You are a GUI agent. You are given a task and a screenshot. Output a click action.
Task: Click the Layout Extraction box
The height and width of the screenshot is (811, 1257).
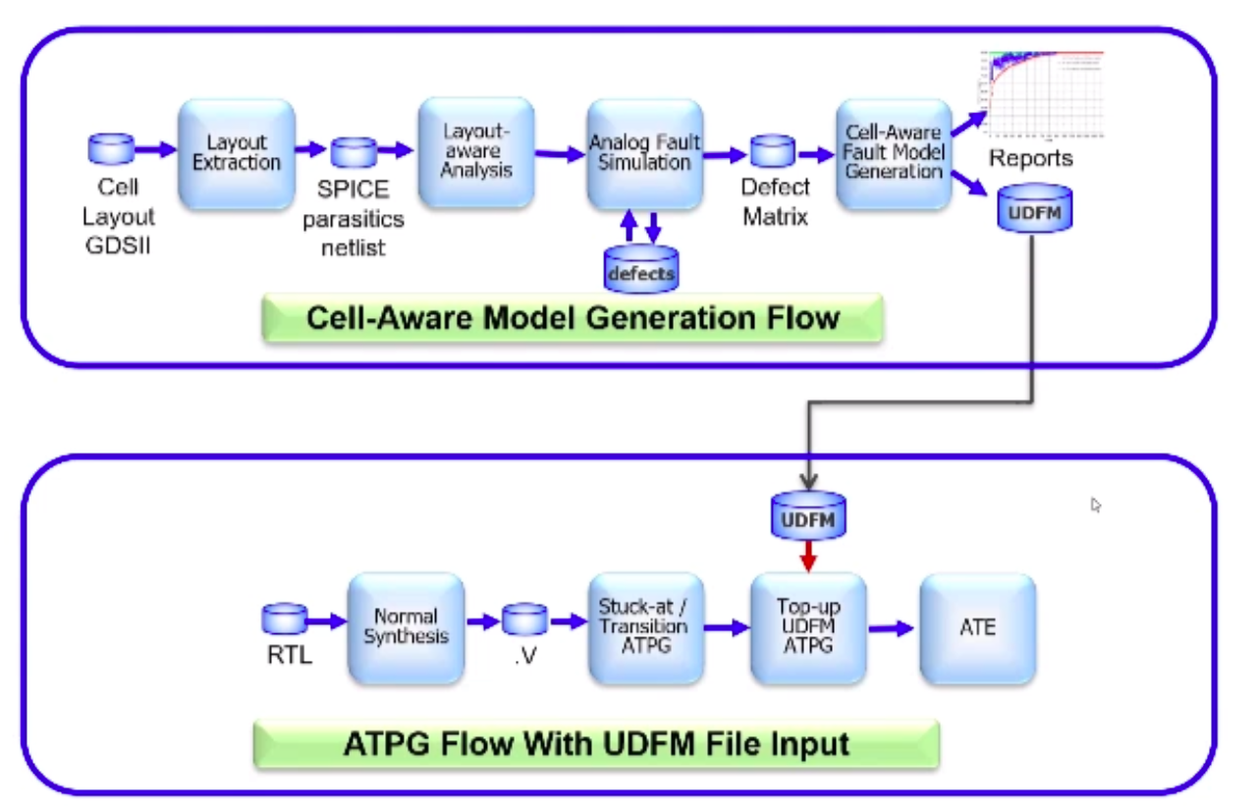coord(236,153)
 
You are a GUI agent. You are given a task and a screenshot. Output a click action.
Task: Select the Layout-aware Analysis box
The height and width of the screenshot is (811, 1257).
coord(476,151)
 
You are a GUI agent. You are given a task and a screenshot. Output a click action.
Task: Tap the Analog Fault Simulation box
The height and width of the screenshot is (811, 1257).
coord(645,153)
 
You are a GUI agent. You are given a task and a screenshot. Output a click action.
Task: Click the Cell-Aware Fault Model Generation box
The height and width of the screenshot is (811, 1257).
coord(894,153)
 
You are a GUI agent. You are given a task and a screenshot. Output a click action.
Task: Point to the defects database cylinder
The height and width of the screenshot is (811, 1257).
coord(640,269)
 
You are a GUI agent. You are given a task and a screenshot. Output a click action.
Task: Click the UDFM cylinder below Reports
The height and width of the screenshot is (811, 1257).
coord(1034,208)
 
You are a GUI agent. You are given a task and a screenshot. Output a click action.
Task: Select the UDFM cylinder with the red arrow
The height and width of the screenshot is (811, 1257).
coord(807,515)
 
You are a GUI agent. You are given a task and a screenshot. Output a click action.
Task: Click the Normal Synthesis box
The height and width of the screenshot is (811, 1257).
coord(406,627)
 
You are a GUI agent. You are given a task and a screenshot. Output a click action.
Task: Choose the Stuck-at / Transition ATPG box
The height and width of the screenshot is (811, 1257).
coord(645,627)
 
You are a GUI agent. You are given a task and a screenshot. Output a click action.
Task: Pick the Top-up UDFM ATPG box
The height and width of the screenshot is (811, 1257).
coord(807,627)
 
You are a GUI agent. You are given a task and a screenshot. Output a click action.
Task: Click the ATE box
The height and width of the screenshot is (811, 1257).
coord(977,627)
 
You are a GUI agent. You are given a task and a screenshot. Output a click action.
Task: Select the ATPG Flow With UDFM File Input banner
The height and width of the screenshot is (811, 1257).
coord(596,743)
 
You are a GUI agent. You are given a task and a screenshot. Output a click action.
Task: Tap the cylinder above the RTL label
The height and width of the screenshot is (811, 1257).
coord(285,619)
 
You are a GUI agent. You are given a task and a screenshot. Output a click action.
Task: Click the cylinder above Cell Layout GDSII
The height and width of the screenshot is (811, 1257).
coord(111,149)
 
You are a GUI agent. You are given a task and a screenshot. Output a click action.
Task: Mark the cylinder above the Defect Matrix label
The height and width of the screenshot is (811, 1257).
coord(772,151)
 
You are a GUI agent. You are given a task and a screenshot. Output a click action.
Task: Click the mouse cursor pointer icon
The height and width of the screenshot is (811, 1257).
coord(1096,505)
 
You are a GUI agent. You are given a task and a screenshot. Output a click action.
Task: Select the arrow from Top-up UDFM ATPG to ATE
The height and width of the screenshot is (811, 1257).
coord(892,628)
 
